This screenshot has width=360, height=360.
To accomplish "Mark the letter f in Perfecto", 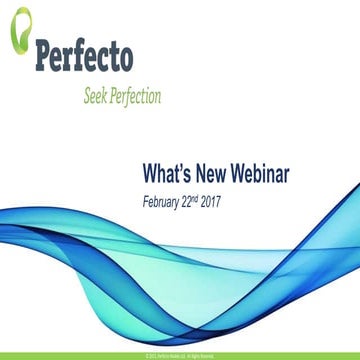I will (82, 56).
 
